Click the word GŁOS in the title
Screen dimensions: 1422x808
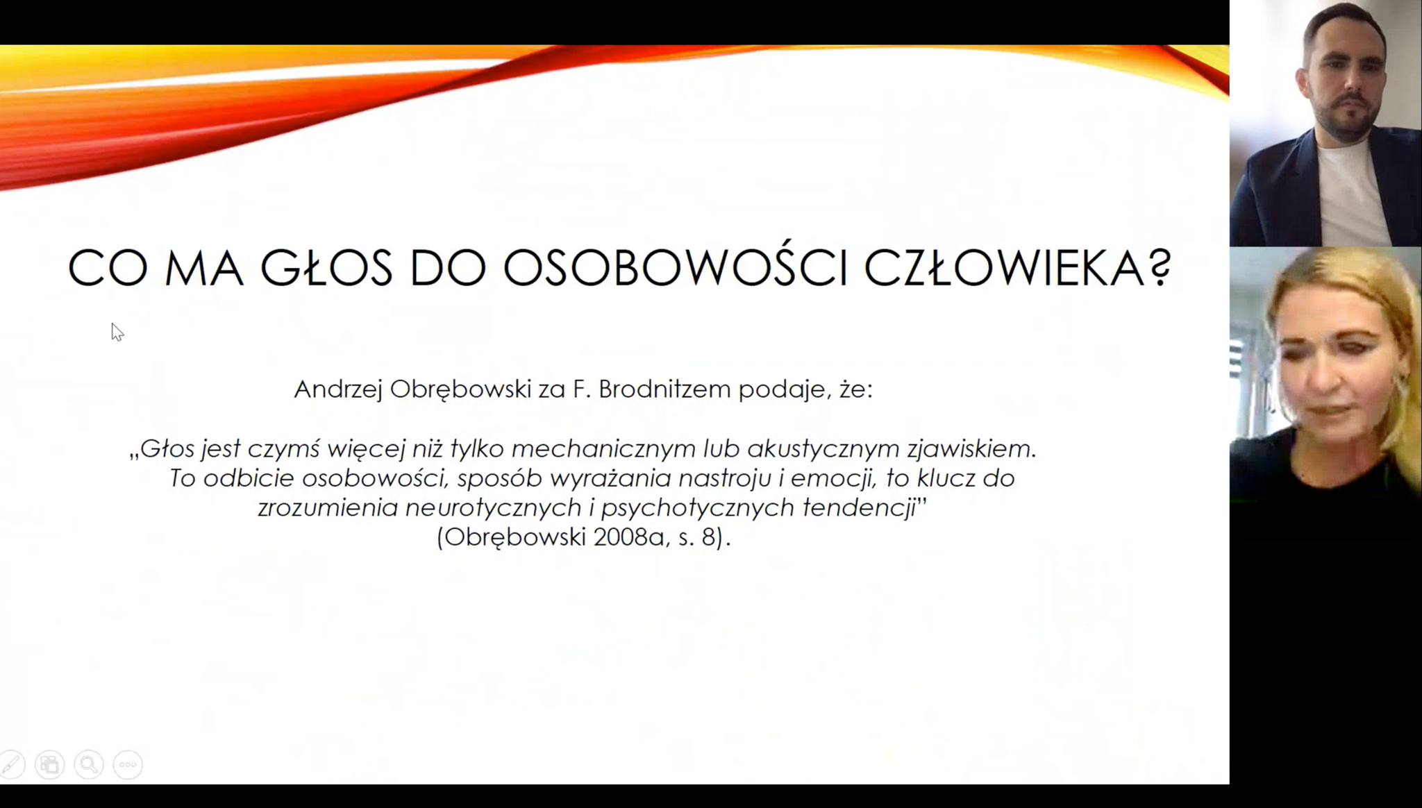326,267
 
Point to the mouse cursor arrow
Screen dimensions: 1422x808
117,332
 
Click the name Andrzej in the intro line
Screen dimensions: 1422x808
338,389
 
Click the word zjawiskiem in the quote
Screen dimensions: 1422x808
971,450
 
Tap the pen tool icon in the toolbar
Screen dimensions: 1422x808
11,765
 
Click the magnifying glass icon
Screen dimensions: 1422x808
89,765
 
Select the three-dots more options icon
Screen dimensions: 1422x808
128,765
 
